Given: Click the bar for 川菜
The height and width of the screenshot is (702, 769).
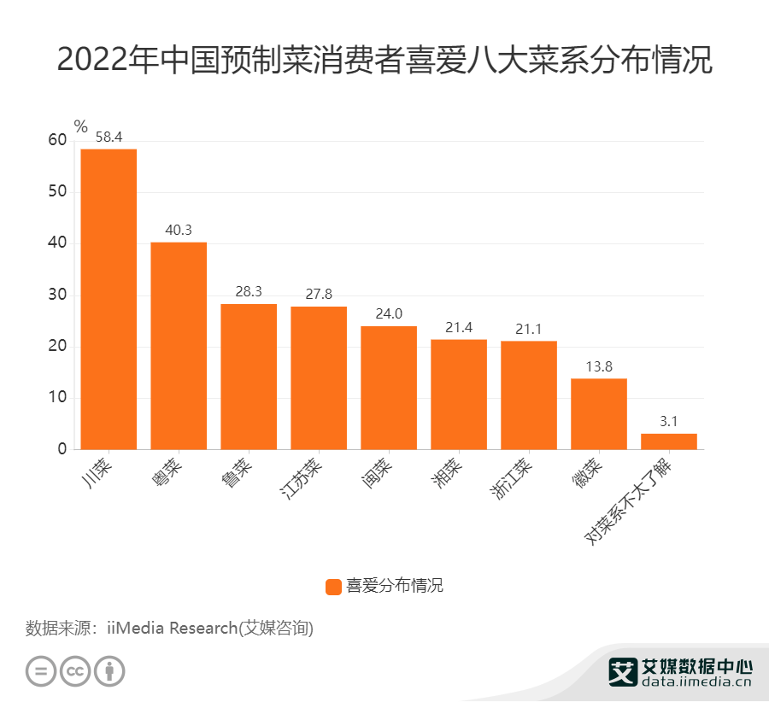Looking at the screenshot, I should click(109, 299).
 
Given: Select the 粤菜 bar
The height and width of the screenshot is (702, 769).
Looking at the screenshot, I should click(179, 346).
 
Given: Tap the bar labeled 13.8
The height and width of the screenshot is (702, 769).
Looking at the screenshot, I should click(599, 414).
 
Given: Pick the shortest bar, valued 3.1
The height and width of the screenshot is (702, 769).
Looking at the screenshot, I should click(669, 442).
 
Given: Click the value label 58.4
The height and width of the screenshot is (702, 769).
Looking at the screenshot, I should click(109, 137).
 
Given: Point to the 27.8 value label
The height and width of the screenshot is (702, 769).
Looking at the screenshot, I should click(319, 294).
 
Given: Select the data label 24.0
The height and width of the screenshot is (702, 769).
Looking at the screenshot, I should click(389, 313).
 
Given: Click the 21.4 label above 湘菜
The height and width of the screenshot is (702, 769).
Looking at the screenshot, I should click(459, 327).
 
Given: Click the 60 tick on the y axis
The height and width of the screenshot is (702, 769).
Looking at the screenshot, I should click(57, 141).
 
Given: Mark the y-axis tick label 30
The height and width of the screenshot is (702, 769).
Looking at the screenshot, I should click(57, 295).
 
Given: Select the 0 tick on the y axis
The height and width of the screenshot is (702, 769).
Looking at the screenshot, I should click(62, 449).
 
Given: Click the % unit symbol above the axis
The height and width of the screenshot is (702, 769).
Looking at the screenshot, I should click(81, 126).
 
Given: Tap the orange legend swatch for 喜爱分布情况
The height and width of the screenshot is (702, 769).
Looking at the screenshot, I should click(333, 587).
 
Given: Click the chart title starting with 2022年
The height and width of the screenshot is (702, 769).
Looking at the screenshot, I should click(384, 62).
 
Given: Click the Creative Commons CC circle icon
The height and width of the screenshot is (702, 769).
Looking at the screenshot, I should click(75, 670).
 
